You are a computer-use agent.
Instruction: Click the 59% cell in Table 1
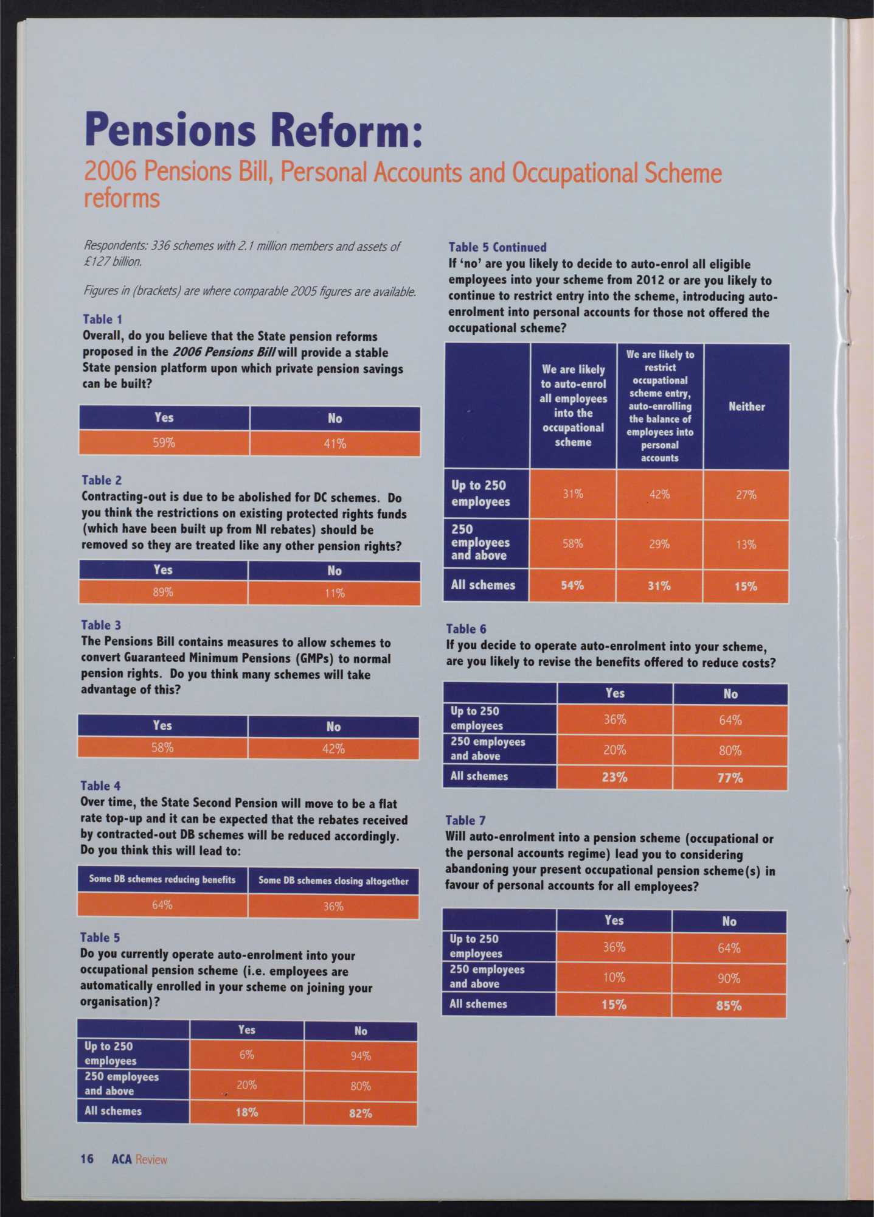164,443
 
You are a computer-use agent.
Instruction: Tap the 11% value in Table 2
335,593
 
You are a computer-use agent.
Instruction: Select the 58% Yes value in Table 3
162,748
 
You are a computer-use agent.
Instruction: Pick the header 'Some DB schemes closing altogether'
333,881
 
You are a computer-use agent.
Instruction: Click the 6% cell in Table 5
246,1055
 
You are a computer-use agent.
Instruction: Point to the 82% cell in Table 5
361,1114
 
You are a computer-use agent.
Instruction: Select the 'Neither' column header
746,406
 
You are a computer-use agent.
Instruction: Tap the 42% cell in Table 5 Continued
659,495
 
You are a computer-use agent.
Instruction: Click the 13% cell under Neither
746,545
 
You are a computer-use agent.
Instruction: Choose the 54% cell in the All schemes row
572,585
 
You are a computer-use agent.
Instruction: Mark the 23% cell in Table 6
614,778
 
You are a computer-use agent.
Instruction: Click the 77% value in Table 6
730,778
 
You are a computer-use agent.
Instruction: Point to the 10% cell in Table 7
614,977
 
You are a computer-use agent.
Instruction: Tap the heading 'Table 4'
100,786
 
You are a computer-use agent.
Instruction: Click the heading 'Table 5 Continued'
498,247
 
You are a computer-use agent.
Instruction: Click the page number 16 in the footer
87,1159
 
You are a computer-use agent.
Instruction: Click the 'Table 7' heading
465,820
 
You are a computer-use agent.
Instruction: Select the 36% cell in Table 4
333,907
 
